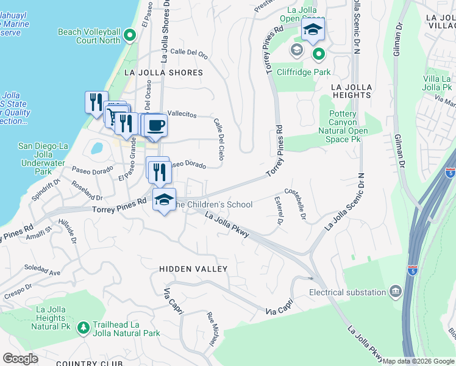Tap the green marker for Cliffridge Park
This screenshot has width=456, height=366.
[318, 56]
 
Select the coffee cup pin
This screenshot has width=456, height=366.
[156, 125]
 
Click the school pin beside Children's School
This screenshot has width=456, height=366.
[164, 199]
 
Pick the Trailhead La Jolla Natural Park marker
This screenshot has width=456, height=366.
[83, 328]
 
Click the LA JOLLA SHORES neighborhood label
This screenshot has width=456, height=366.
[163, 73]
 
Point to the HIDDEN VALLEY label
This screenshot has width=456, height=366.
[193, 269]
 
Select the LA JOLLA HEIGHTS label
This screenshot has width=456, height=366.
[351, 91]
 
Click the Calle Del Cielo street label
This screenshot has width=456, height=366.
[220, 136]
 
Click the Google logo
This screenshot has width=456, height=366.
[20, 359]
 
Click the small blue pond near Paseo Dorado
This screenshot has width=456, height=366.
[96, 148]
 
